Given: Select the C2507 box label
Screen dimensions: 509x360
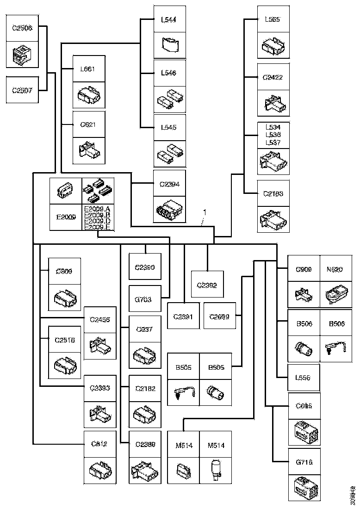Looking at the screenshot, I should (x=22, y=91).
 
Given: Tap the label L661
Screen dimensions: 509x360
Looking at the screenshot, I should (x=88, y=69).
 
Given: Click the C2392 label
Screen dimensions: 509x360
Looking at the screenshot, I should (x=208, y=286).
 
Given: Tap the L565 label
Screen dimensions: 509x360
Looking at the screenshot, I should (x=273, y=19).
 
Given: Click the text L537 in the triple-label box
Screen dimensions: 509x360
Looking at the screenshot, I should (x=273, y=143).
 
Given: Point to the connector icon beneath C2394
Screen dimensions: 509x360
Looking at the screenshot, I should (x=169, y=211).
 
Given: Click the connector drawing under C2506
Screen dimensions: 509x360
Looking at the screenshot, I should (x=22, y=55).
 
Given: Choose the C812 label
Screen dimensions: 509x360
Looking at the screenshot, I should (x=99, y=444).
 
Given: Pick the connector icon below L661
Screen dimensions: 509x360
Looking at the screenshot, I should (x=89, y=96).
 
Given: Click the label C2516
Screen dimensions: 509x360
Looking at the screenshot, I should (x=65, y=340).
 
